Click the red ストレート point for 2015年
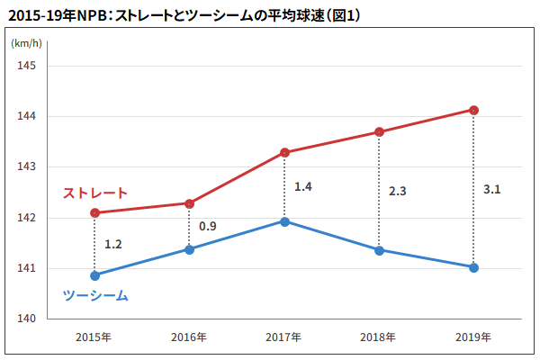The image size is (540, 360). pos(94,212)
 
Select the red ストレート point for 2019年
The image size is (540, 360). pos(474,110)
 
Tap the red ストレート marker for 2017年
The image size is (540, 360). pos(284,152)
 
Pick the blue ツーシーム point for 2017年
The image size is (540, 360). pos(284,221)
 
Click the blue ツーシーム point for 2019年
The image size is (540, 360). pos(474,267)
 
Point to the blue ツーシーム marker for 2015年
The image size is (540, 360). pos(94,275)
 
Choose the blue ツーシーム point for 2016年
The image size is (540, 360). pos(189,249)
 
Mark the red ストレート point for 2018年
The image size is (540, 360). pos(380,132)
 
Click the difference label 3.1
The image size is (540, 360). pos(491,190)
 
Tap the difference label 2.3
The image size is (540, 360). pos(397,191)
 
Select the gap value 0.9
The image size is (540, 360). pos(207,226)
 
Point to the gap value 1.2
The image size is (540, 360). pos(112,244)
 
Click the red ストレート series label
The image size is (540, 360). pos(94,193)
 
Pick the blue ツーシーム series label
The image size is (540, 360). pos(95,295)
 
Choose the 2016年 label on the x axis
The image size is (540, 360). pos(188,338)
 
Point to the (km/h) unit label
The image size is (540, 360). pos(24,42)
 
